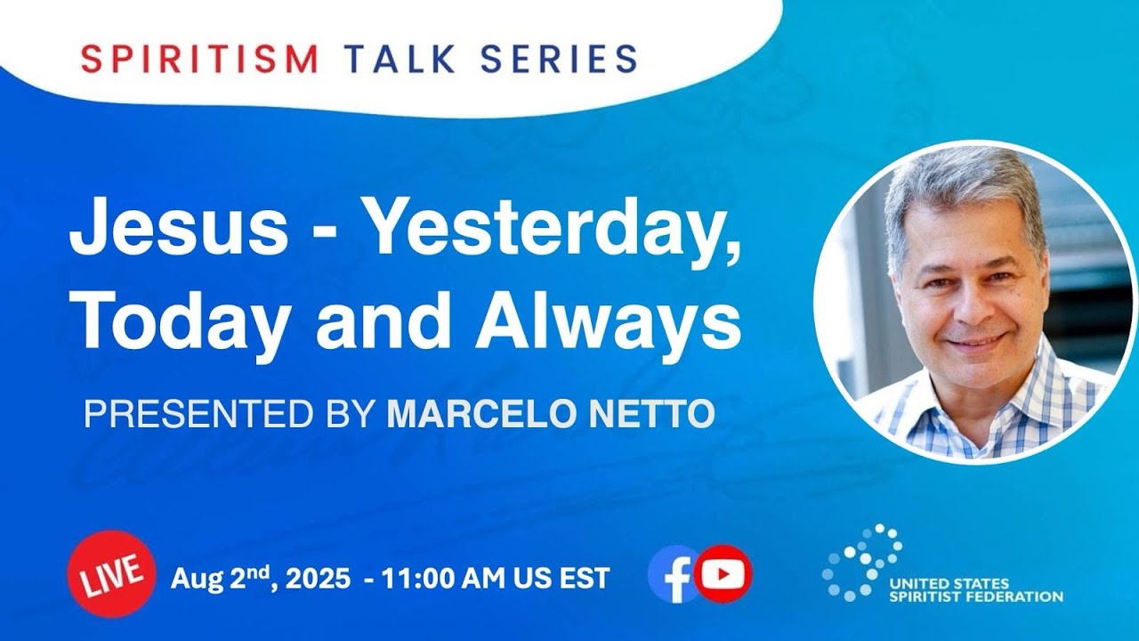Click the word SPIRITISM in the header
click(x=199, y=59)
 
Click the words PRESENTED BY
click(x=226, y=414)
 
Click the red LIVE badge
click(x=111, y=574)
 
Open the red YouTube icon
click(x=723, y=574)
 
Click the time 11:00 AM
click(x=436, y=579)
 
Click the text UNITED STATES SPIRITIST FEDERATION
click(x=976, y=590)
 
